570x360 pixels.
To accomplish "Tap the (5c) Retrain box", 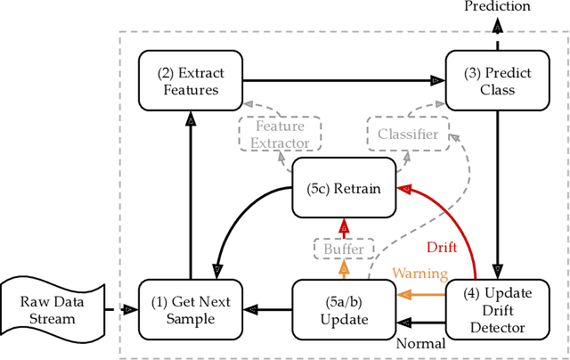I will point(344,187).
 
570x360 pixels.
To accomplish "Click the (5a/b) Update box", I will point(344,309).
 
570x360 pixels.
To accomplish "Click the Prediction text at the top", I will point(497,7).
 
